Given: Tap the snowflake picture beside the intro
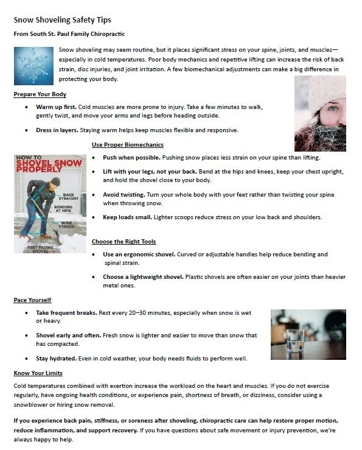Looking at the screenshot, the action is tap(35, 67).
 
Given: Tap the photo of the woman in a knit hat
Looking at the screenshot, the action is tap(319, 113).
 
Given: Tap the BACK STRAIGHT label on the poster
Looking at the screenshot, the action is tap(71, 196).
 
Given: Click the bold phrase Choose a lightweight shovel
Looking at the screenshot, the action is tap(143, 276).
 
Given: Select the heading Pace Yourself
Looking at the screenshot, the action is tap(32, 300).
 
